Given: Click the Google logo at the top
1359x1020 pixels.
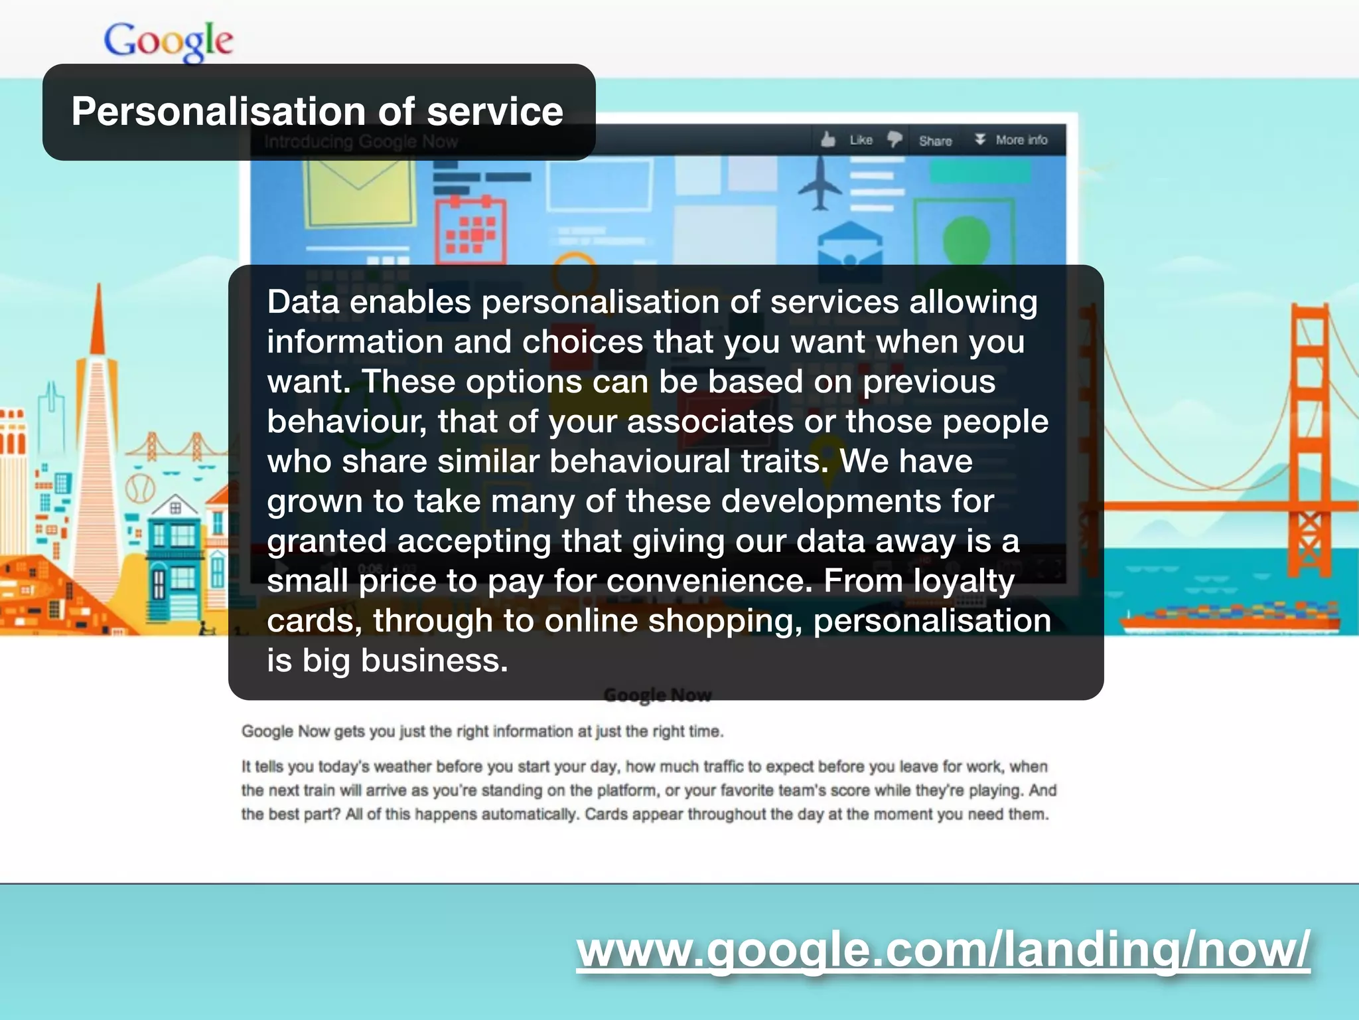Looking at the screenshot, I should (x=169, y=41).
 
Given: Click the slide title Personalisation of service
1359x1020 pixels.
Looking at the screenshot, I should (x=317, y=111).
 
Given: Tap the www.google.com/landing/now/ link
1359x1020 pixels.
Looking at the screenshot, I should (x=943, y=949).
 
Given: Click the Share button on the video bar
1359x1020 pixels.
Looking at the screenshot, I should (x=935, y=141).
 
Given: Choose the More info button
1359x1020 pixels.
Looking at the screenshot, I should (x=1011, y=140).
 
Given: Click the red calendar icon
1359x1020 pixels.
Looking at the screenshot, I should (x=470, y=230).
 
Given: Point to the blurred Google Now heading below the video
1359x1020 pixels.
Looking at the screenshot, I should (x=658, y=695).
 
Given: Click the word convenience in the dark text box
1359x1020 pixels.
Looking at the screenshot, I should (x=709, y=581).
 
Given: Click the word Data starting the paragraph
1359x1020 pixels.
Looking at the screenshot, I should (x=303, y=302).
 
